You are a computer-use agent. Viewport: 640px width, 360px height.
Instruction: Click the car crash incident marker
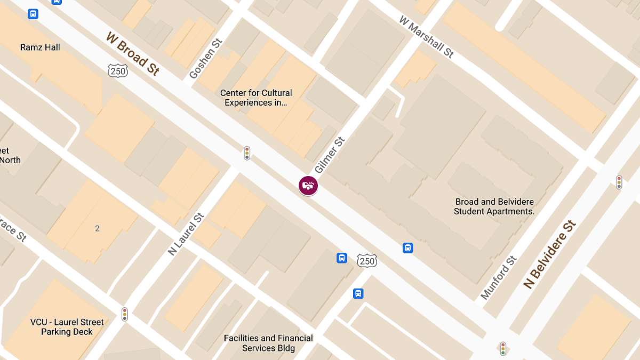[x=308, y=186]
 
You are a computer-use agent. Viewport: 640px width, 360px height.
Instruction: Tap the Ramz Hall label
[x=40, y=47]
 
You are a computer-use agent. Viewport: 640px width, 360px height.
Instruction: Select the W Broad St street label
[x=132, y=53]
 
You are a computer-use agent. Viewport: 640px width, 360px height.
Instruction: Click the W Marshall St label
[x=426, y=36]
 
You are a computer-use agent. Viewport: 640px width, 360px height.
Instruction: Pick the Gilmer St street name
[x=330, y=156]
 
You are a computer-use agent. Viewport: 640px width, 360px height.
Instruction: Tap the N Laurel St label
[x=186, y=235]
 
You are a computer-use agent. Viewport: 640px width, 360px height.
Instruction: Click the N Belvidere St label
[x=550, y=254]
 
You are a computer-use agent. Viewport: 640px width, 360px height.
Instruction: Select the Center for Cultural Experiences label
[x=256, y=98]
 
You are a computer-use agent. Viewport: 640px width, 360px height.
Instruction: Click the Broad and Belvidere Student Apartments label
[x=494, y=206]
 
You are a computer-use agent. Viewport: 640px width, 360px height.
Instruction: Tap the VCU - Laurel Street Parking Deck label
[x=67, y=327]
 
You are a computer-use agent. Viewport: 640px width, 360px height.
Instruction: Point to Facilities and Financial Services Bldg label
[x=268, y=343]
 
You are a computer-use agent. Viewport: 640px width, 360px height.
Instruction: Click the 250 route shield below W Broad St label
[x=117, y=70]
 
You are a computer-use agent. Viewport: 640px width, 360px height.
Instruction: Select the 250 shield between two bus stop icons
[x=367, y=260]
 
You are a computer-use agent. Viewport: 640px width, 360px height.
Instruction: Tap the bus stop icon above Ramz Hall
[x=33, y=14]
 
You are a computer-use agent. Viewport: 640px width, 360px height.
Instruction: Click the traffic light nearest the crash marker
[x=247, y=153]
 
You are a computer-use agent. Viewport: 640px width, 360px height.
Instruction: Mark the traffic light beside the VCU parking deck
[x=125, y=314]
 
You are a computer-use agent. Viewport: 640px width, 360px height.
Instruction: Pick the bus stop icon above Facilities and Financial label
[x=358, y=293]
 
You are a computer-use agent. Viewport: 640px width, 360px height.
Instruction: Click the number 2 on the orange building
[x=97, y=229]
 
